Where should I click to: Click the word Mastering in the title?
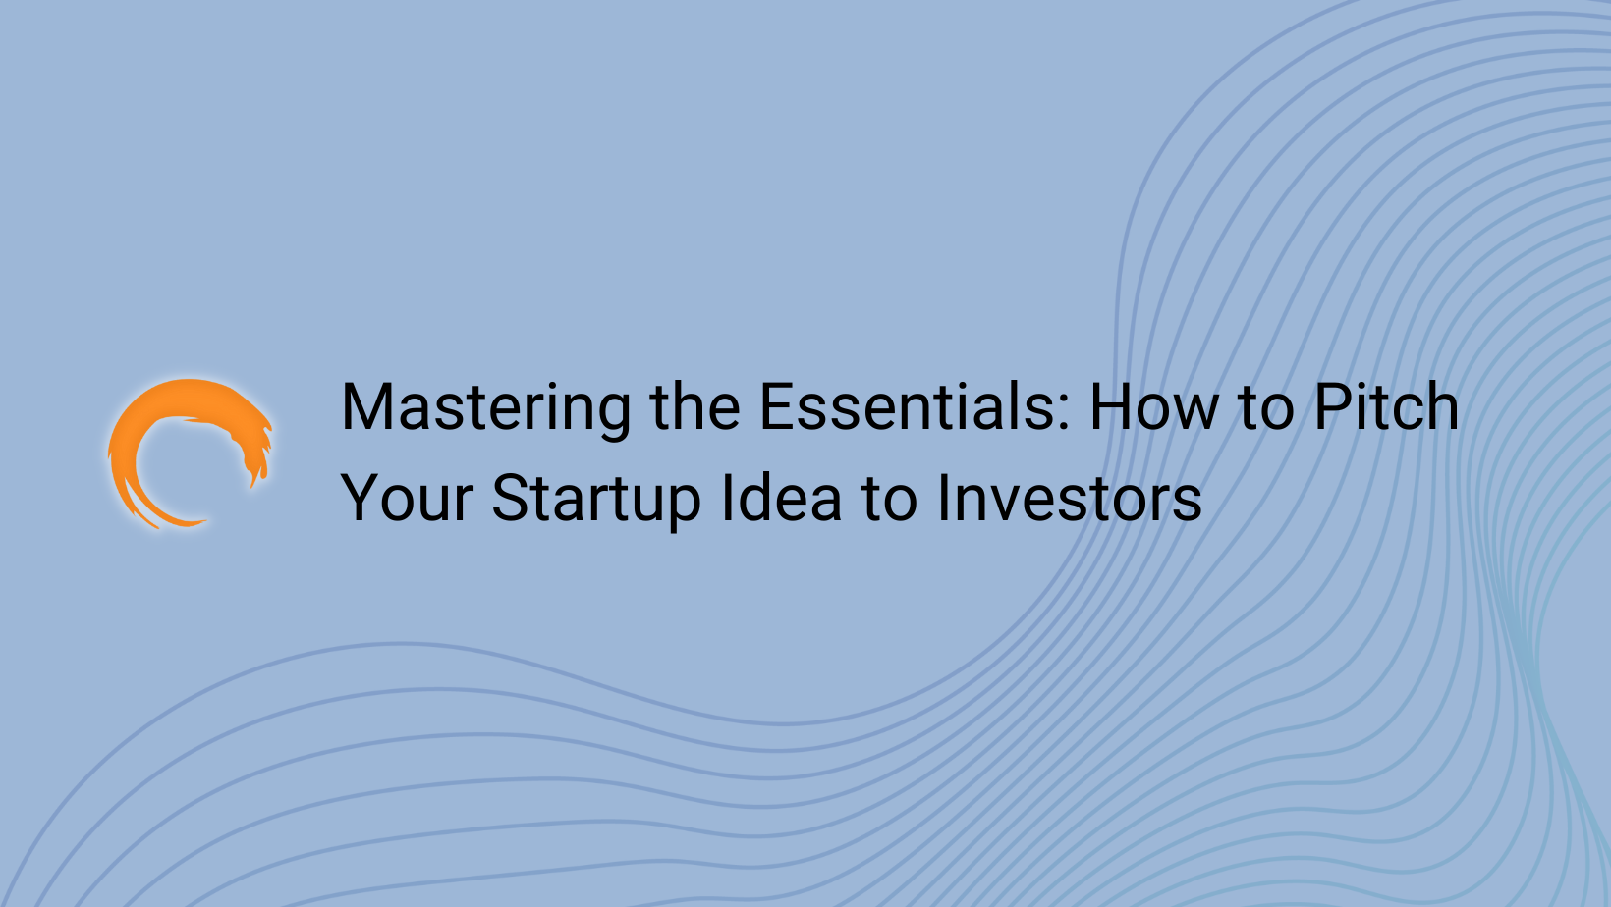tap(486, 408)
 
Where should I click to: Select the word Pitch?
tap(1386, 408)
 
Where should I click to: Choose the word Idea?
tap(781, 499)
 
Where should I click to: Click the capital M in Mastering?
tap(364, 408)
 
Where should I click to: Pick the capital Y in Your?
tap(361, 499)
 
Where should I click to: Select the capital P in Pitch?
tap(1336, 408)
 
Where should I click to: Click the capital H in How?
tap(1114, 408)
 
